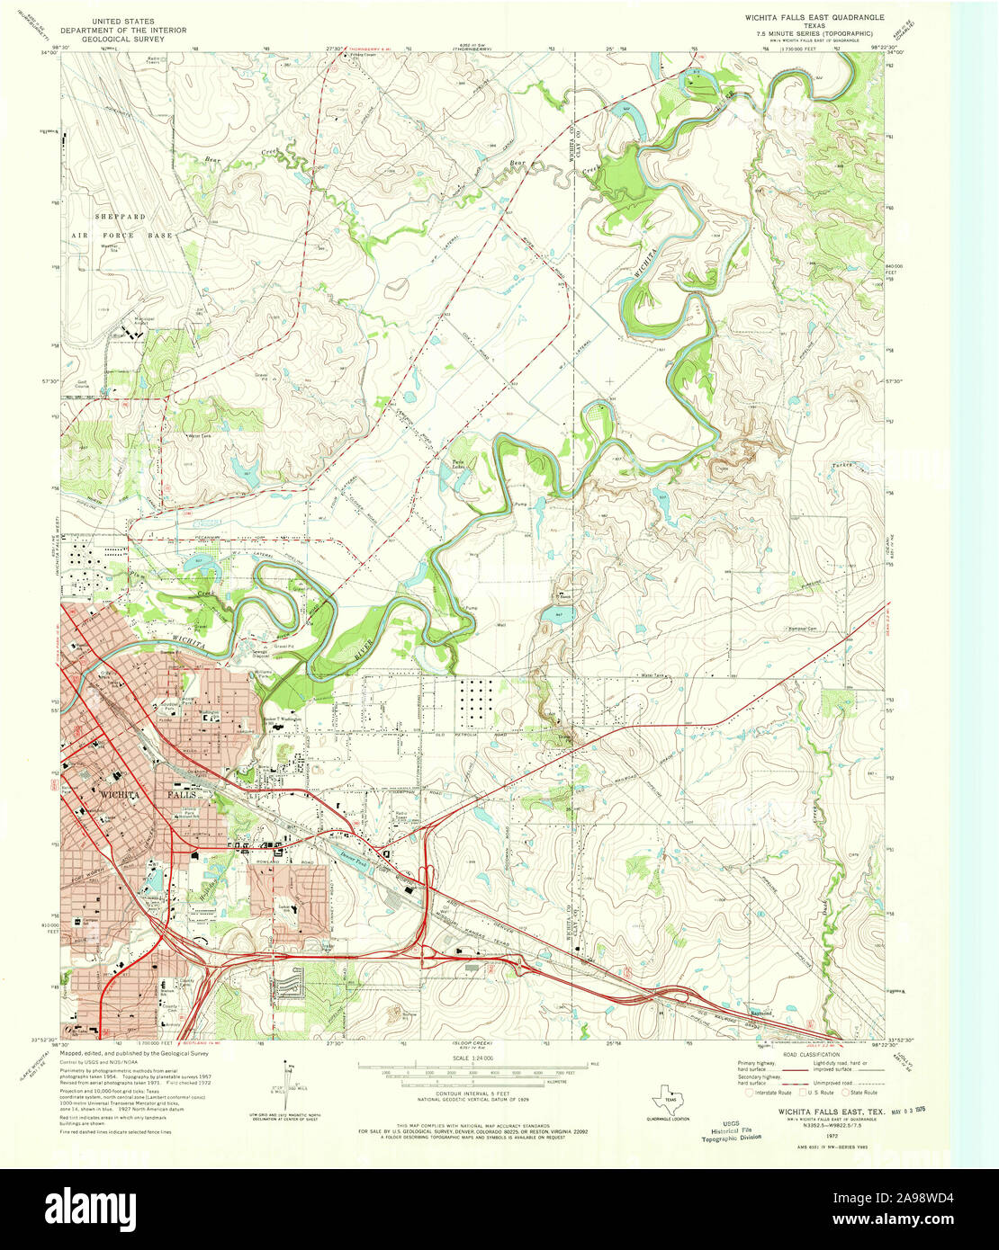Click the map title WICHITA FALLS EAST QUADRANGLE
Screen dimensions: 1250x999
[x=814, y=17]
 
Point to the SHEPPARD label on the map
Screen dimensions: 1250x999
[x=121, y=217]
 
